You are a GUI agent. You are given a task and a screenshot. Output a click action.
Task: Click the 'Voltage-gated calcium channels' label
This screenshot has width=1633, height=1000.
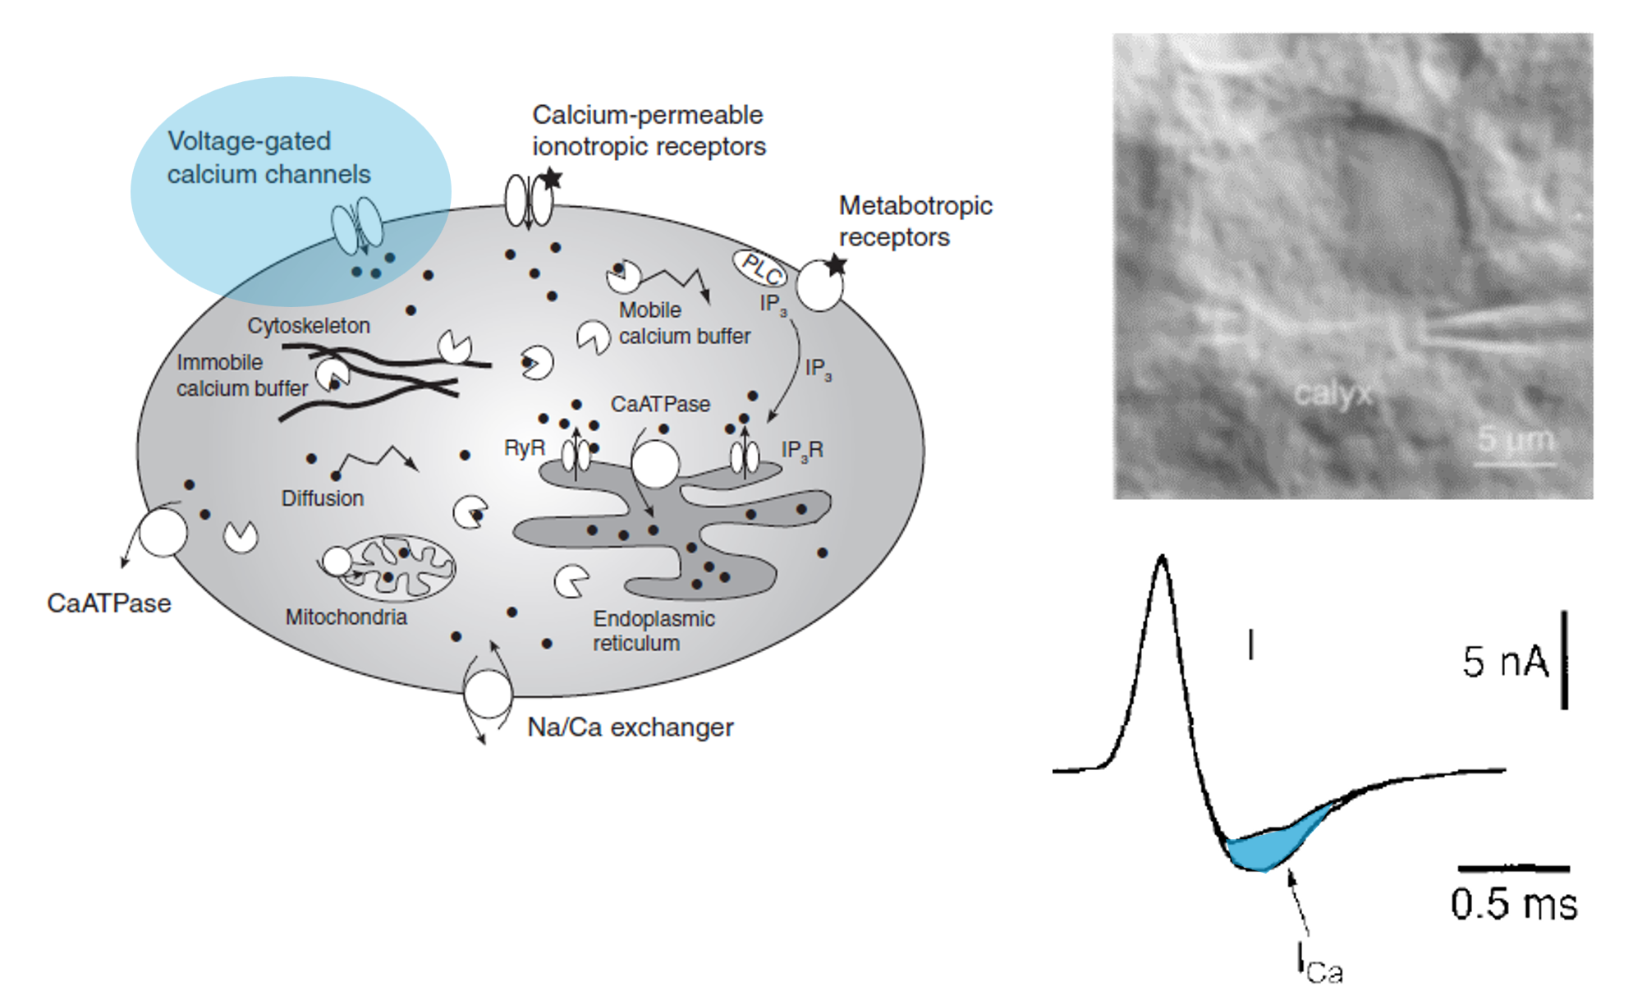[268, 158]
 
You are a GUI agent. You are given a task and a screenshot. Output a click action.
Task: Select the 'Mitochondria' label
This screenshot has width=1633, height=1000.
[346, 617]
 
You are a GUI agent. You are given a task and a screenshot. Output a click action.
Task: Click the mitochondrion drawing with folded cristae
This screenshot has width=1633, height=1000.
[398, 567]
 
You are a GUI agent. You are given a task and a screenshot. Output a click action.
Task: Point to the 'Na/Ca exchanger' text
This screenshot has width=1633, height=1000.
[630, 727]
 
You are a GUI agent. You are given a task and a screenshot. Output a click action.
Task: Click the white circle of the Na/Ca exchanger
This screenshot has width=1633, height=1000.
[488, 694]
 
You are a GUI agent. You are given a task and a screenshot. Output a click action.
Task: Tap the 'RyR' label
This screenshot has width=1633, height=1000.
[524, 448]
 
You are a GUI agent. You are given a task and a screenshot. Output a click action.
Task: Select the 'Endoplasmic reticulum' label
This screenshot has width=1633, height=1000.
[654, 631]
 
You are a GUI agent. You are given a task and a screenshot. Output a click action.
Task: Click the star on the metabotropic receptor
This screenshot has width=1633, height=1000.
[835, 264]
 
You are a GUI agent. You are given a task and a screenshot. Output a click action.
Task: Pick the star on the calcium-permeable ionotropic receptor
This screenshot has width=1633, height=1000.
[551, 178]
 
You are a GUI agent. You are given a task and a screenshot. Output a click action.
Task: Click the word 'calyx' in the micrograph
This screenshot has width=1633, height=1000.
[1332, 394]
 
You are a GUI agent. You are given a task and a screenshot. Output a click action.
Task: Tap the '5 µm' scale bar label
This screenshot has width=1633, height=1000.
[1516, 439]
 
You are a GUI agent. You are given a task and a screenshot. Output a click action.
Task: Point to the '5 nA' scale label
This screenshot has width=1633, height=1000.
[1504, 662]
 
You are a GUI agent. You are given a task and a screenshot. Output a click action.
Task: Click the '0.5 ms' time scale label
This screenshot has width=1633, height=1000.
[1513, 904]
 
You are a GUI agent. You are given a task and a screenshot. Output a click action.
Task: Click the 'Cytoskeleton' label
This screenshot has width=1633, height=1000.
[309, 326]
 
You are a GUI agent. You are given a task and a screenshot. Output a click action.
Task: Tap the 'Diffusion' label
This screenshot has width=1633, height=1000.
[322, 498]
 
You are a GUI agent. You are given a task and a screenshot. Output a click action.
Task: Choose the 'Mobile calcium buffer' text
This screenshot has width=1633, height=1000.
[683, 323]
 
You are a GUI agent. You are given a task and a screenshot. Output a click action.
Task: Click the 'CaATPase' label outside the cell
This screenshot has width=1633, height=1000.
[109, 603]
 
